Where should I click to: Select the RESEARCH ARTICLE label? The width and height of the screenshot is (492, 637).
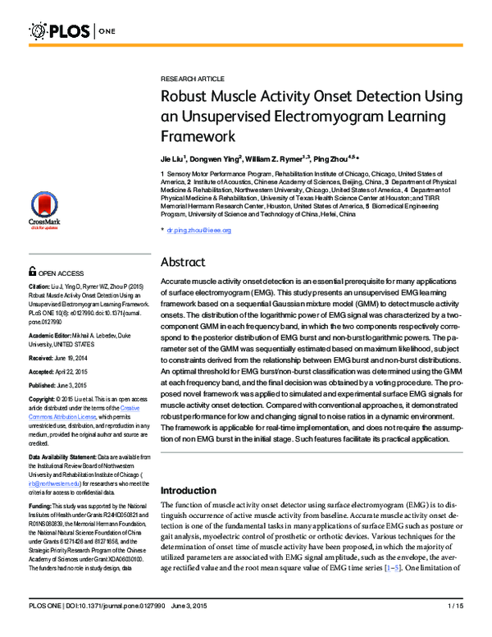click(x=193, y=78)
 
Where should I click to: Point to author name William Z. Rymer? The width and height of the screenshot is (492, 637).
click(x=274, y=156)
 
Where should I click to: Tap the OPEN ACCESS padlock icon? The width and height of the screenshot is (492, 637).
click(x=32, y=270)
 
